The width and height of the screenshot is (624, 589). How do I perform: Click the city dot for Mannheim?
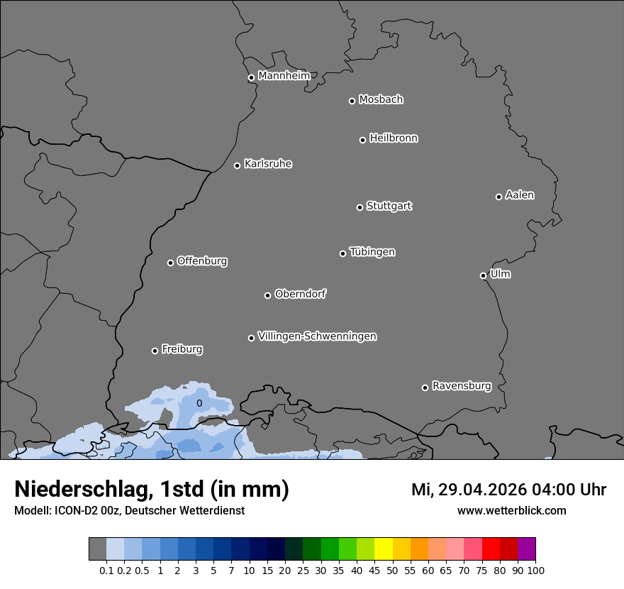coord(251,78)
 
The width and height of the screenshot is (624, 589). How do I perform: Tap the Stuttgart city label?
coord(389,206)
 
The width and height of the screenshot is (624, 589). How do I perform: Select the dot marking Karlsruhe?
coord(238,166)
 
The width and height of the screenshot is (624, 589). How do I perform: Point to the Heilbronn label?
coord(394,138)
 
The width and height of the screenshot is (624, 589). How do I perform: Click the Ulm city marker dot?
coord(483,276)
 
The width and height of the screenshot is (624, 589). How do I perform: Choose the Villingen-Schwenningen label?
coord(317,336)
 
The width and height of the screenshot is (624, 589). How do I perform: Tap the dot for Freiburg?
coord(155,351)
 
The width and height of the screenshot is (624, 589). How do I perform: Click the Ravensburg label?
coord(462,386)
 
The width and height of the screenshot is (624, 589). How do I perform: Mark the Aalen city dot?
coord(498,197)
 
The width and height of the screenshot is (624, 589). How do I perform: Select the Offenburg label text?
coord(202,260)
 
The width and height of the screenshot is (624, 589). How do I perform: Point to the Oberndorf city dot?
coord(267,296)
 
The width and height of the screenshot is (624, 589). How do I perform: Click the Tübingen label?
coord(372,252)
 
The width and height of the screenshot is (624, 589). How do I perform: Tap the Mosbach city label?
coord(381,99)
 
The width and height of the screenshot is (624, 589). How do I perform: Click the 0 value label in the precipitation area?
coord(199,403)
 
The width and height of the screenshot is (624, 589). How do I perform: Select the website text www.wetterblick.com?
coord(511,510)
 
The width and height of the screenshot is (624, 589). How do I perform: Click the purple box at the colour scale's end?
coord(526,549)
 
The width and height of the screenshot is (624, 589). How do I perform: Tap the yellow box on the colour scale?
coord(383,549)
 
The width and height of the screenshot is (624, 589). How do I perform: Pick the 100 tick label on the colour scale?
coord(535,570)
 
